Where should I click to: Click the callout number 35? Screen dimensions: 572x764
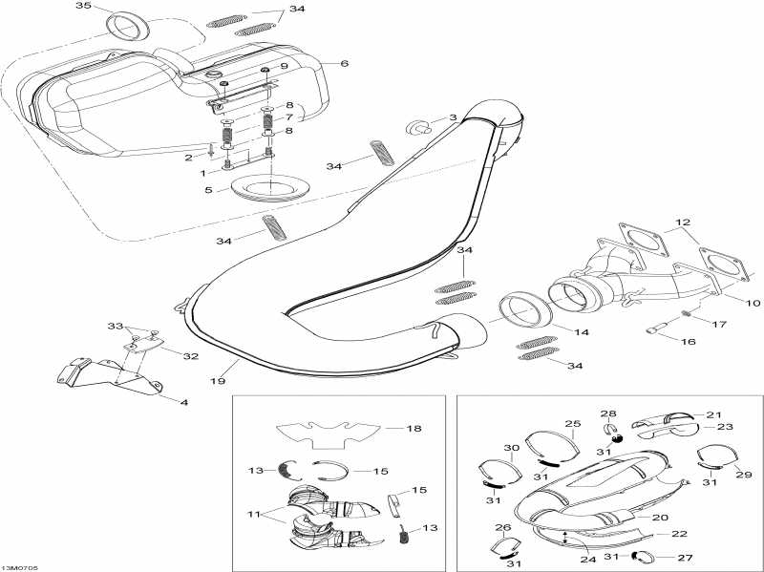[x=83, y=7]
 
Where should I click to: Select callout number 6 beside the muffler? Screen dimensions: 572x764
[x=344, y=63]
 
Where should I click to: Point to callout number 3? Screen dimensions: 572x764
[x=453, y=118]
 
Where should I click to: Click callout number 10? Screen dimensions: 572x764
[x=753, y=303]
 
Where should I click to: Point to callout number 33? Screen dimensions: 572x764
[x=116, y=326]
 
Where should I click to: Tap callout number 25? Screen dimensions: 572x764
[x=572, y=423]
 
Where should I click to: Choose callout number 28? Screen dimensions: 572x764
[x=608, y=413]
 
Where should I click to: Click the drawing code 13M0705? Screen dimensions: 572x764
[x=20, y=565]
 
